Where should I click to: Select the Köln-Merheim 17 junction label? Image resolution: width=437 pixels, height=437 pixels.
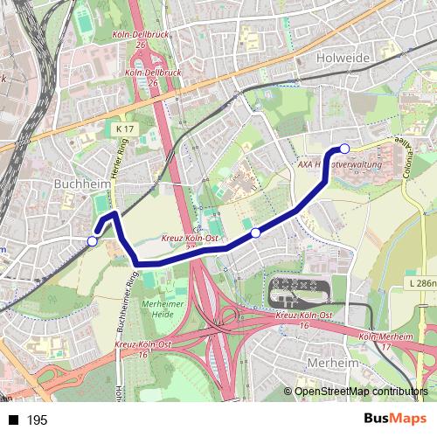(x=386, y=341)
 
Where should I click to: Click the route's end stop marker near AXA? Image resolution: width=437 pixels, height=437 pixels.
(x=344, y=149)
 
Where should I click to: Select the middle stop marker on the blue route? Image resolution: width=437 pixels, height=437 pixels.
(x=255, y=232)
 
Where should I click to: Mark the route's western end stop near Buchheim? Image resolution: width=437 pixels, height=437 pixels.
(x=93, y=241)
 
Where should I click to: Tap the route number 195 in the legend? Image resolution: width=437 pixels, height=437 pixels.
(x=37, y=420)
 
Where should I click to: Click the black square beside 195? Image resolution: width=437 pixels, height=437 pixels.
(x=13, y=420)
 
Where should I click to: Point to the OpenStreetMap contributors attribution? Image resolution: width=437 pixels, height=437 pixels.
(x=361, y=392)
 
